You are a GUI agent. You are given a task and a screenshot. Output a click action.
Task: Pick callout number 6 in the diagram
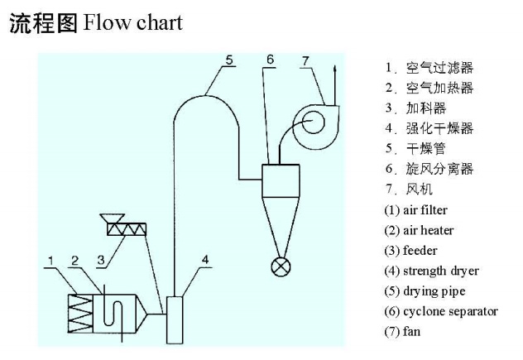coord(271,60)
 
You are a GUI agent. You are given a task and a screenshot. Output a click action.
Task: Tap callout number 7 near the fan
coord(305,60)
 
